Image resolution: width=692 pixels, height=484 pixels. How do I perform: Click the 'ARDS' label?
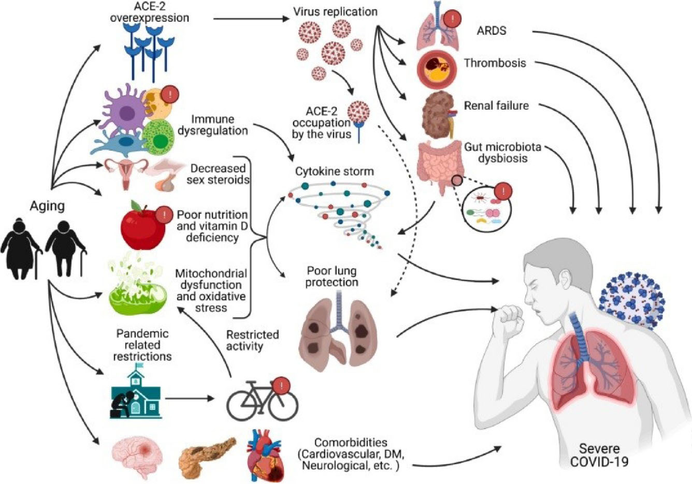[491, 31]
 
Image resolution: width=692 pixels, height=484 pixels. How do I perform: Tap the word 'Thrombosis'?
[495, 63]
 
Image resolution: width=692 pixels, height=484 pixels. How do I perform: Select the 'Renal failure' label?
[496, 106]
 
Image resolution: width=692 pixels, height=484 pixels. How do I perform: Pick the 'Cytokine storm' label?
[334, 171]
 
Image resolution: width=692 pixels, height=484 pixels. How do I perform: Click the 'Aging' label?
[47, 206]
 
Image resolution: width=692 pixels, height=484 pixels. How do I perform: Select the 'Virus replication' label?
[335, 11]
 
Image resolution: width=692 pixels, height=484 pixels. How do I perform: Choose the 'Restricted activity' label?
[252, 341]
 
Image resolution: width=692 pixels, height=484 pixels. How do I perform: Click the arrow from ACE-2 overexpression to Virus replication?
[251, 19]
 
